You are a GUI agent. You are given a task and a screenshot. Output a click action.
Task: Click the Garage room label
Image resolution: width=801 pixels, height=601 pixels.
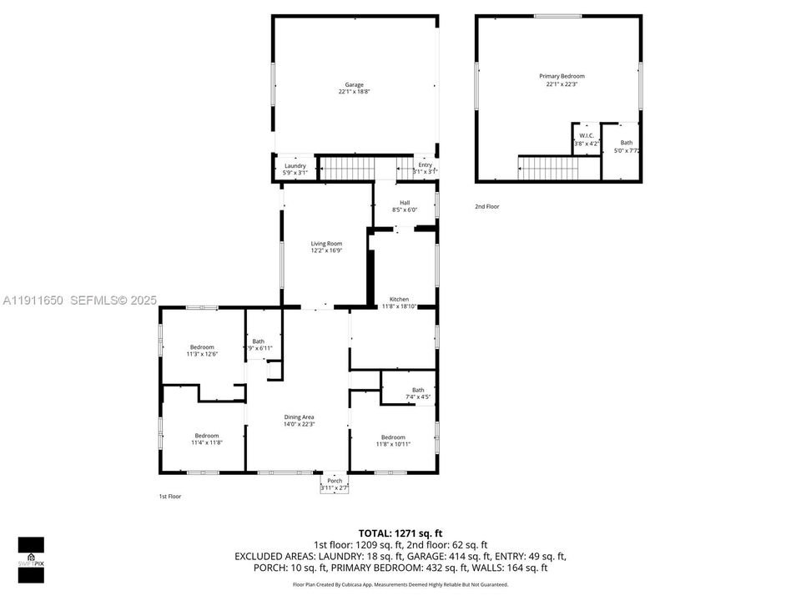tap(355, 84)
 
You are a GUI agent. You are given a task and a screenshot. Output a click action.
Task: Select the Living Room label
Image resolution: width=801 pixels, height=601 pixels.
tap(326, 244)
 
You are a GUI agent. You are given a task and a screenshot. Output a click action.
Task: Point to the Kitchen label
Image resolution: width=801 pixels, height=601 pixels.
tap(399, 299)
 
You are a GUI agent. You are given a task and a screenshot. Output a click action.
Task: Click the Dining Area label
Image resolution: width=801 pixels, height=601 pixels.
tap(300, 417)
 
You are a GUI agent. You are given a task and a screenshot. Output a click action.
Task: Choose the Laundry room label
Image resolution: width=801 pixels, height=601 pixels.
tap(295, 165)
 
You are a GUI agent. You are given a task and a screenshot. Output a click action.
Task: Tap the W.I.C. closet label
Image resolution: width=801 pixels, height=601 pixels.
tap(587, 135)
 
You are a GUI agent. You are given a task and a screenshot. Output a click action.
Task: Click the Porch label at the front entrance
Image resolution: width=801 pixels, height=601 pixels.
tap(335, 481)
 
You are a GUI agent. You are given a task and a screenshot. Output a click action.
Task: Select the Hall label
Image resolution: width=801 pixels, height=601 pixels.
tap(405, 202)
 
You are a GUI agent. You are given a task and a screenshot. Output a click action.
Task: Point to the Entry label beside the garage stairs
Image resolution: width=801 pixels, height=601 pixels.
tap(426, 165)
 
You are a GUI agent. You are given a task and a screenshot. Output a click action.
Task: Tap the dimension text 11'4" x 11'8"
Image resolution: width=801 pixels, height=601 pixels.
tap(207, 442)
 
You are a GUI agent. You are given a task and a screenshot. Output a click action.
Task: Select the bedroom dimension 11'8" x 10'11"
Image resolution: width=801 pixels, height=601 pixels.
tap(393, 444)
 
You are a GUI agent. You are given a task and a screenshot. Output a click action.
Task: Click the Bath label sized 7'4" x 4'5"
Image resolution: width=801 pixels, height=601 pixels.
tap(417, 390)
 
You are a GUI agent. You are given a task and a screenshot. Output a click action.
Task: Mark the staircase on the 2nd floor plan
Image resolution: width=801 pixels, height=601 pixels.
tap(544, 168)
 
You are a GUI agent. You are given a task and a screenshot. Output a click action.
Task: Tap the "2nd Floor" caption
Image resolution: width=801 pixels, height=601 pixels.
tap(487, 206)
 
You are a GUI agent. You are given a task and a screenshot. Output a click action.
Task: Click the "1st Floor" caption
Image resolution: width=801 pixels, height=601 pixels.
tap(170, 497)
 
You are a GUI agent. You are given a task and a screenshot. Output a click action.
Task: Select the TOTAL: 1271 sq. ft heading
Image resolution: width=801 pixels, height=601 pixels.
tap(400, 533)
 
